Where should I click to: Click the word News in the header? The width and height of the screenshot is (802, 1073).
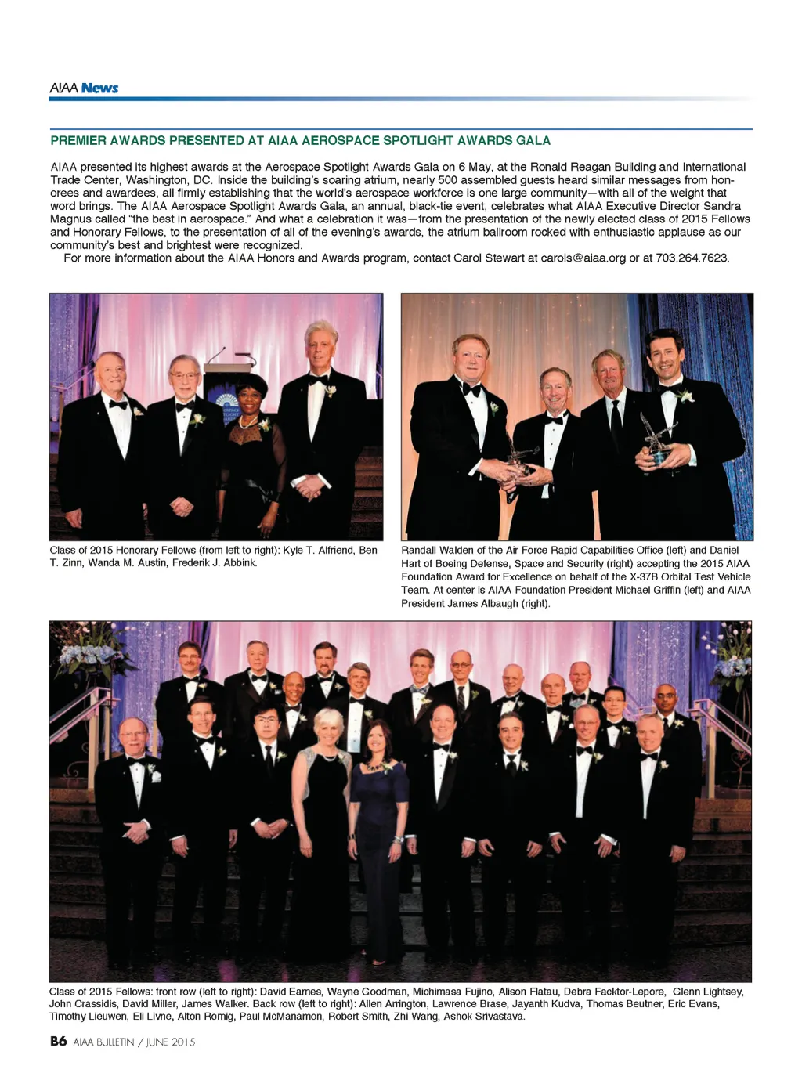pos(99,88)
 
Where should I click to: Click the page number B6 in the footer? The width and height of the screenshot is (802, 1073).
pos(58,1041)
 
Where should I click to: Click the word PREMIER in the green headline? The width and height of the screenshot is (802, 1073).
pos(78,141)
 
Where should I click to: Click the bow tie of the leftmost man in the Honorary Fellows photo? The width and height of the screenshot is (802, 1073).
pos(118,404)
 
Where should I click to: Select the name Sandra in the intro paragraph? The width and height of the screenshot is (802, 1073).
pos(721,206)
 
